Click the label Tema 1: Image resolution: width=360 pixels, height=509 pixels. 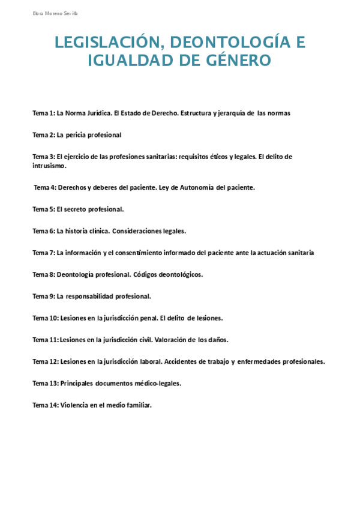44,113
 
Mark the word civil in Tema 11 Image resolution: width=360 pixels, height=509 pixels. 143,340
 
